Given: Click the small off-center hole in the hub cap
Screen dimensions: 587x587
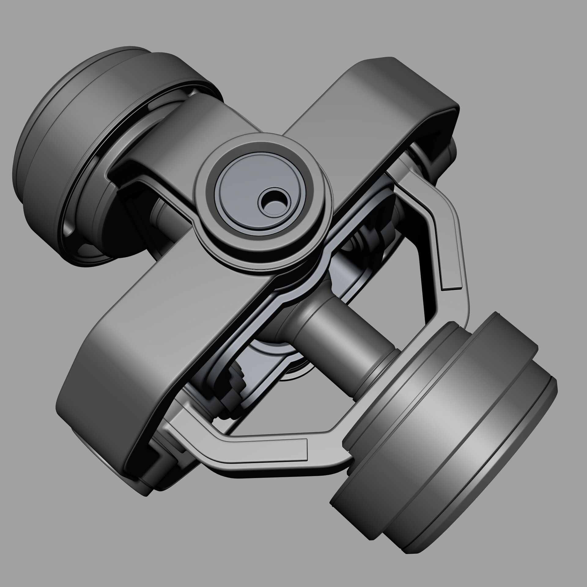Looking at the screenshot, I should point(273,202).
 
